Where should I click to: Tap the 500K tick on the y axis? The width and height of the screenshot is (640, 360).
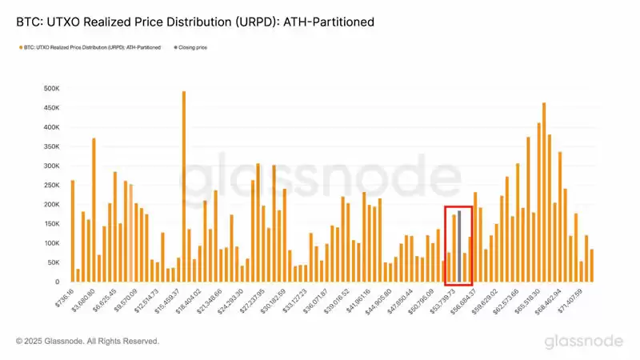pos(50,89)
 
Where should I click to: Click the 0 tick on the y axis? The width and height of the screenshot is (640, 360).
pos(56,282)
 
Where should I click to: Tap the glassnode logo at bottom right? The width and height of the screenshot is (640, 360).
pos(584,342)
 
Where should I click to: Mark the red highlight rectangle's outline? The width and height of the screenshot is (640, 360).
pos(444,240)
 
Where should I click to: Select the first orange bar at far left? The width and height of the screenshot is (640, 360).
pos(73,231)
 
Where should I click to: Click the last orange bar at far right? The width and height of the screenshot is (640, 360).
pos(592,266)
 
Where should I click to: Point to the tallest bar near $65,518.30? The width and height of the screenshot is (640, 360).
pos(544,193)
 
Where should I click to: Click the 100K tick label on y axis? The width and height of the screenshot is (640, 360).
pos(50,243)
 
